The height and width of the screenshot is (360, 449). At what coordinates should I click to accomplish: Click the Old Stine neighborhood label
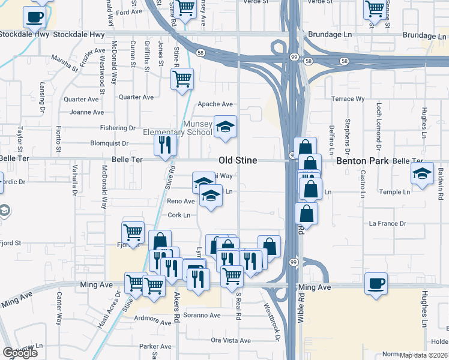(238, 161)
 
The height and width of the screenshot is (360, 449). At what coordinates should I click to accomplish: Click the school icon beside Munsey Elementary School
(225, 127)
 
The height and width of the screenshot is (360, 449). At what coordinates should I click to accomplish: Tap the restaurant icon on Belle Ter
(164, 145)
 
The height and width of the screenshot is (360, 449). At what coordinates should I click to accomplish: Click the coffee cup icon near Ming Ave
(376, 284)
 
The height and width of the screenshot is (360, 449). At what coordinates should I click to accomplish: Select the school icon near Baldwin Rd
(422, 174)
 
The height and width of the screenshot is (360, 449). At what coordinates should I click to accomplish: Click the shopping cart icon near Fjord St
(132, 232)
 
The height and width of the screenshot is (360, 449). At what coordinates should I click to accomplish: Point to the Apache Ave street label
(215, 104)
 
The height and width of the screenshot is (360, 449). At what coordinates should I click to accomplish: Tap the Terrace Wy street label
(348, 98)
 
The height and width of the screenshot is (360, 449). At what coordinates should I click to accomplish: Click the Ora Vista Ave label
(231, 341)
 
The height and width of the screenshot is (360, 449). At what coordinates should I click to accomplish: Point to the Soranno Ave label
(202, 315)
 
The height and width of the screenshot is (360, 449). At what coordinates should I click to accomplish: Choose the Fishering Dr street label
(118, 128)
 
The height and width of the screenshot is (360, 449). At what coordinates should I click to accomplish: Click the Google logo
(20, 353)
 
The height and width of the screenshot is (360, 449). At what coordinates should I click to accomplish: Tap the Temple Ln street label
(394, 192)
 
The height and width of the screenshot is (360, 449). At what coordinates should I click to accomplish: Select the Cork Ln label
(179, 215)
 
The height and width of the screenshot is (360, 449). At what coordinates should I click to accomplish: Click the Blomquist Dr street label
(109, 143)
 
